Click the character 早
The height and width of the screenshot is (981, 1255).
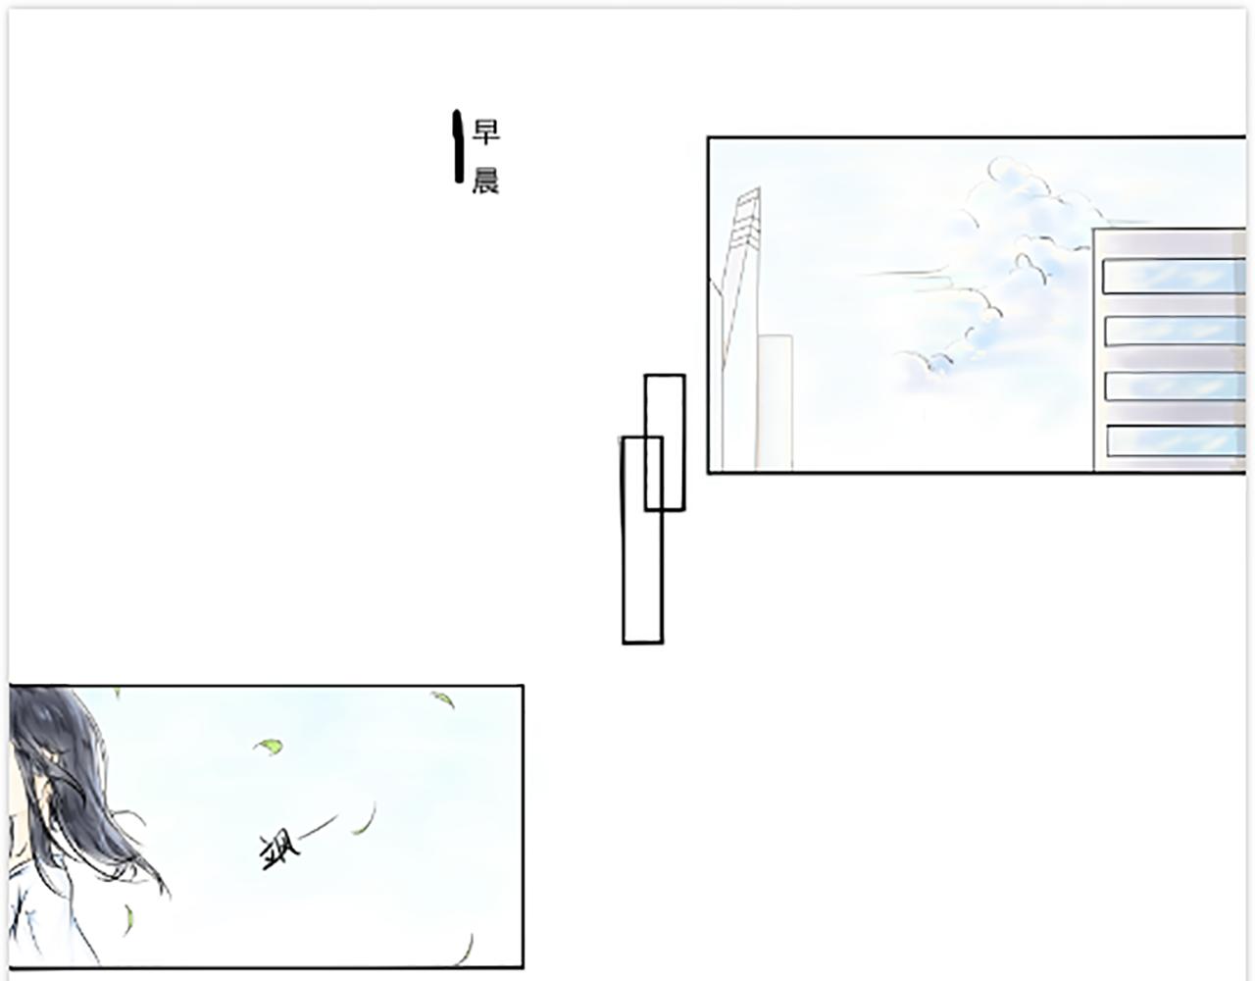coord(485,131)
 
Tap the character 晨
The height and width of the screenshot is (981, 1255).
coord(485,181)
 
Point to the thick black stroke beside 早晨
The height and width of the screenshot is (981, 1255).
coord(458,146)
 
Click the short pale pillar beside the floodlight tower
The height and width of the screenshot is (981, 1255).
coord(775,402)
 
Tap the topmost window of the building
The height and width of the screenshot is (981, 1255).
coord(1174,277)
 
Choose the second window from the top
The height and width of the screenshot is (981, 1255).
coord(1175,331)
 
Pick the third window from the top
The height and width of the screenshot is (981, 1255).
coord(1176,386)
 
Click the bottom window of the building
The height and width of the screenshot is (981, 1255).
coord(1176,440)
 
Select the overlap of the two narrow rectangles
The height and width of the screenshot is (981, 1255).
coord(653,474)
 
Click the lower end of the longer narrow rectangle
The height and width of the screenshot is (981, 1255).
coord(642,642)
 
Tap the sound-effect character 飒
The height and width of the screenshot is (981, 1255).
coord(279,851)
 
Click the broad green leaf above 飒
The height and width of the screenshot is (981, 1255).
coord(269,747)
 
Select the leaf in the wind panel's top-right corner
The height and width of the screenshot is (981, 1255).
coord(443,699)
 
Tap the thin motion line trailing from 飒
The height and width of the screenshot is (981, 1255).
coord(319,826)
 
